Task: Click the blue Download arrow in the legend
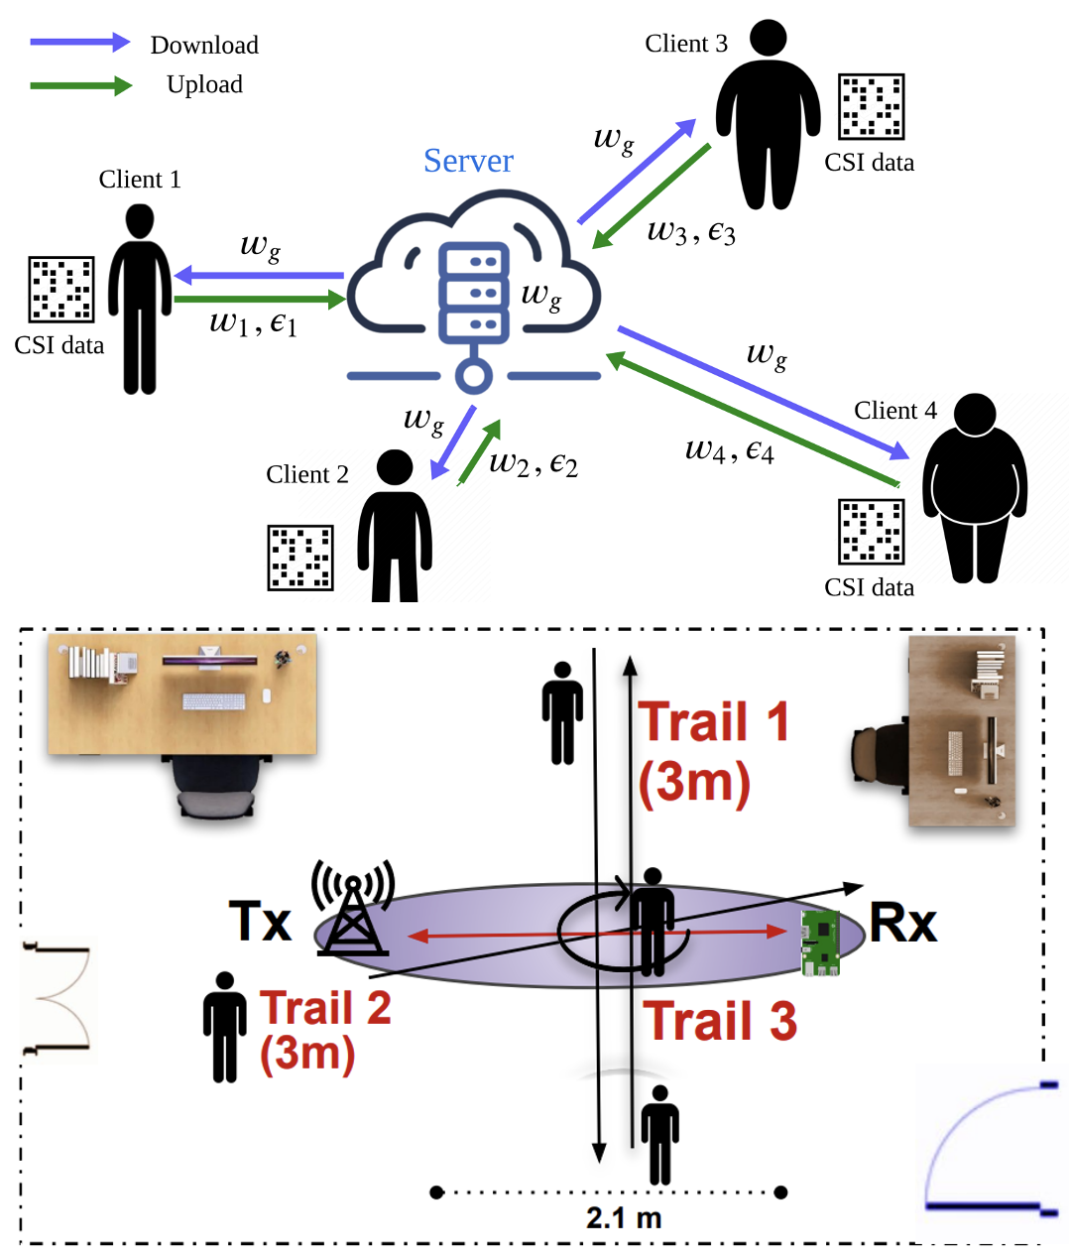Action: (x=79, y=43)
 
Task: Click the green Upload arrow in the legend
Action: (x=80, y=86)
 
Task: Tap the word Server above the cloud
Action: (x=468, y=161)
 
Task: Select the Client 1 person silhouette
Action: (x=140, y=298)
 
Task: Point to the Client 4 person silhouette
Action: (x=974, y=487)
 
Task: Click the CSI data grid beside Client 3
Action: (x=871, y=106)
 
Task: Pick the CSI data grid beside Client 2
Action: (x=300, y=558)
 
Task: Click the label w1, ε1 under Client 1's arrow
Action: (x=253, y=323)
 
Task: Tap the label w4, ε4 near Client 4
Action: (x=729, y=450)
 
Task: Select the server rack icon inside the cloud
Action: (x=474, y=293)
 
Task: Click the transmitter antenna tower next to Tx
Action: (x=353, y=908)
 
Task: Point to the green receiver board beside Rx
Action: (x=821, y=942)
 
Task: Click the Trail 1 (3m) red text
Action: (x=712, y=751)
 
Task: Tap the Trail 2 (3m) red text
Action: (x=324, y=1031)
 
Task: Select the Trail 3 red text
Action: (x=720, y=1021)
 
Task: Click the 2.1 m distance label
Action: (x=623, y=1217)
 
